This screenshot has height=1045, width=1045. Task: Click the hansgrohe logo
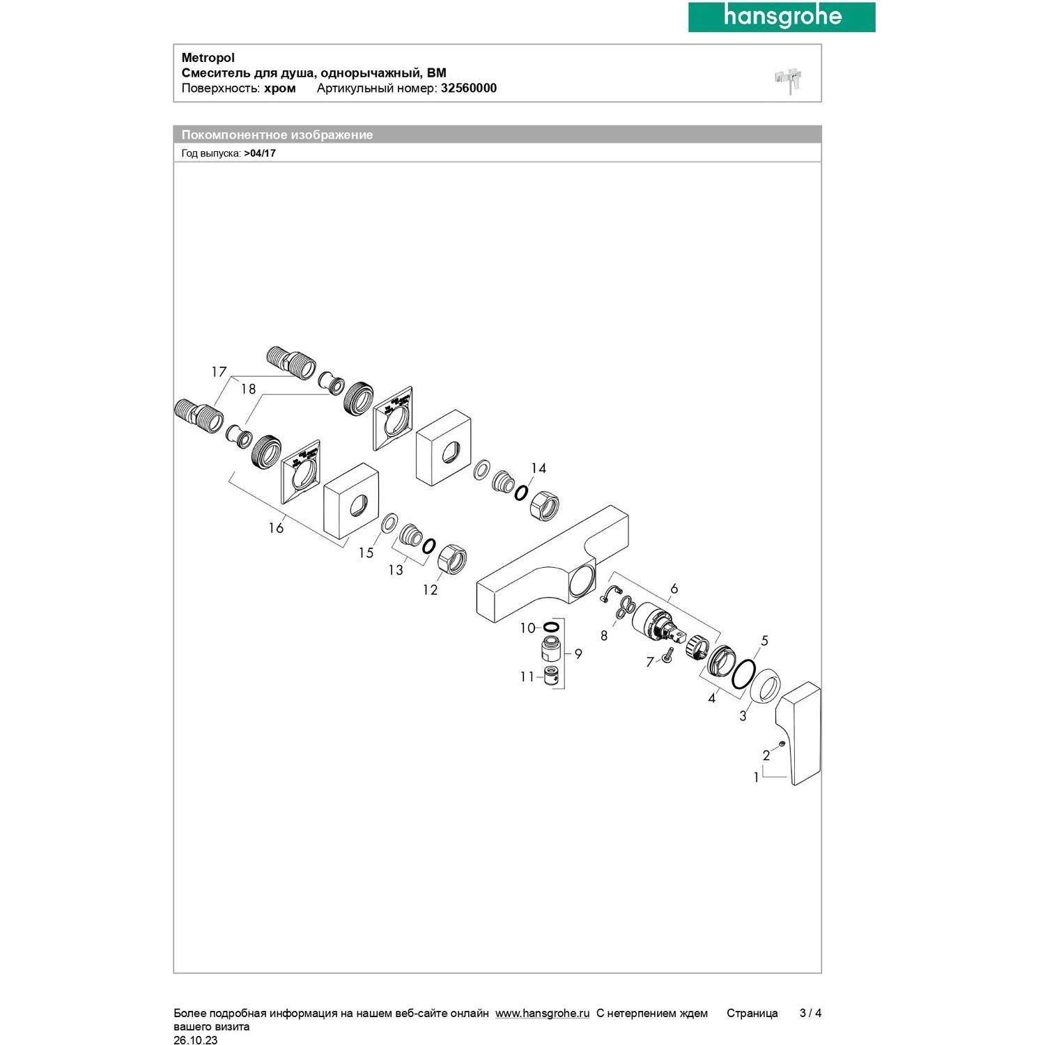coord(782,17)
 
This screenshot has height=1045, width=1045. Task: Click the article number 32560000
coord(468,88)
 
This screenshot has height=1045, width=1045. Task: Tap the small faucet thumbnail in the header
coord(789,81)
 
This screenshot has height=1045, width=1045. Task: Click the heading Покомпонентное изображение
coord(277,135)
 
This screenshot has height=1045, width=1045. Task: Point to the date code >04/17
coord(260,153)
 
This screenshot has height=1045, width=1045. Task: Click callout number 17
coord(219,372)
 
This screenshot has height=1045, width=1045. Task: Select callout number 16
coord(276,528)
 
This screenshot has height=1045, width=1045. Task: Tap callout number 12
coord(430,590)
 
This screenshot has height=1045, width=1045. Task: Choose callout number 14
coord(539,468)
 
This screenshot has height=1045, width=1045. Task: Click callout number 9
coord(578,654)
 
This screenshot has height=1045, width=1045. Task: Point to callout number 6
coord(674,589)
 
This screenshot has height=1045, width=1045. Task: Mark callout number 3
coord(743,715)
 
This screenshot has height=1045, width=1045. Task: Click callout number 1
coord(756,777)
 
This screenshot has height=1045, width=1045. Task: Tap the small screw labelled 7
coord(667,655)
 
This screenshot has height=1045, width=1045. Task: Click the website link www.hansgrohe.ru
coord(542,1014)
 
